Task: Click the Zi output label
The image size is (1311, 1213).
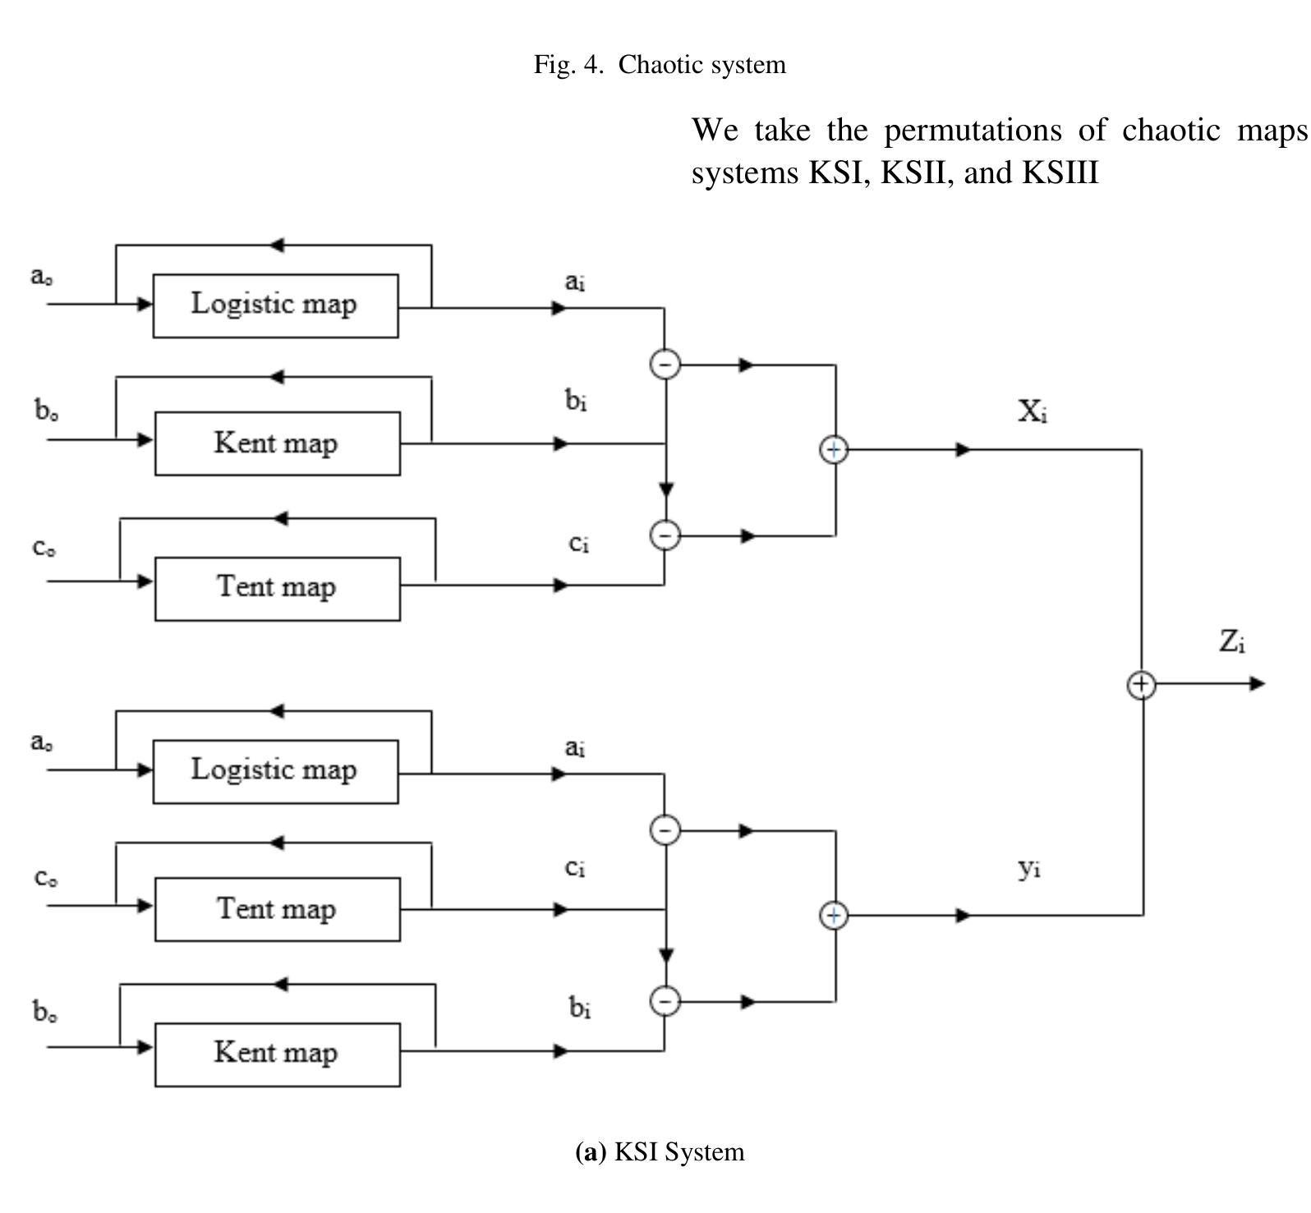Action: pyautogui.click(x=1231, y=641)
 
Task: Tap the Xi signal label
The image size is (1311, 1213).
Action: pyautogui.click(x=1032, y=411)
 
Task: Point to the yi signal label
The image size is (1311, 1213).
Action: pyautogui.click(x=1029, y=868)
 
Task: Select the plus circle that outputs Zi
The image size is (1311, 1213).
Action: pyautogui.click(x=1141, y=684)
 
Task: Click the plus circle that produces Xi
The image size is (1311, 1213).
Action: pyautogui.click(x=834, y=450)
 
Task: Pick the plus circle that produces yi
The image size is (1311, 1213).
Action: pyautogui.click(x=834, y=916)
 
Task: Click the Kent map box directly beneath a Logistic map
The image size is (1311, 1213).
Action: pyautogui.click(x=277, y=443)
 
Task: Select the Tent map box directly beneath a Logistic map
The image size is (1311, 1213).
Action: pyautogui.click(x=277, y=909)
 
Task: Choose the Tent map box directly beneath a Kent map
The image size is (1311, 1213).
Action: pyautogui.click(x=277, y=588)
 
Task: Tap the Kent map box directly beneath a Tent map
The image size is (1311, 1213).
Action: pyautogui.click(x=277, y=1054)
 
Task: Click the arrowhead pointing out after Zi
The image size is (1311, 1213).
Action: pyautogui.click(x=1258, y=683)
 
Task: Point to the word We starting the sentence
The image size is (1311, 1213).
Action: pyautogui.click(x=715, y=131)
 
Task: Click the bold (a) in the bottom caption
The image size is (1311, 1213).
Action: pyautogui.click(x=591, y=1152)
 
